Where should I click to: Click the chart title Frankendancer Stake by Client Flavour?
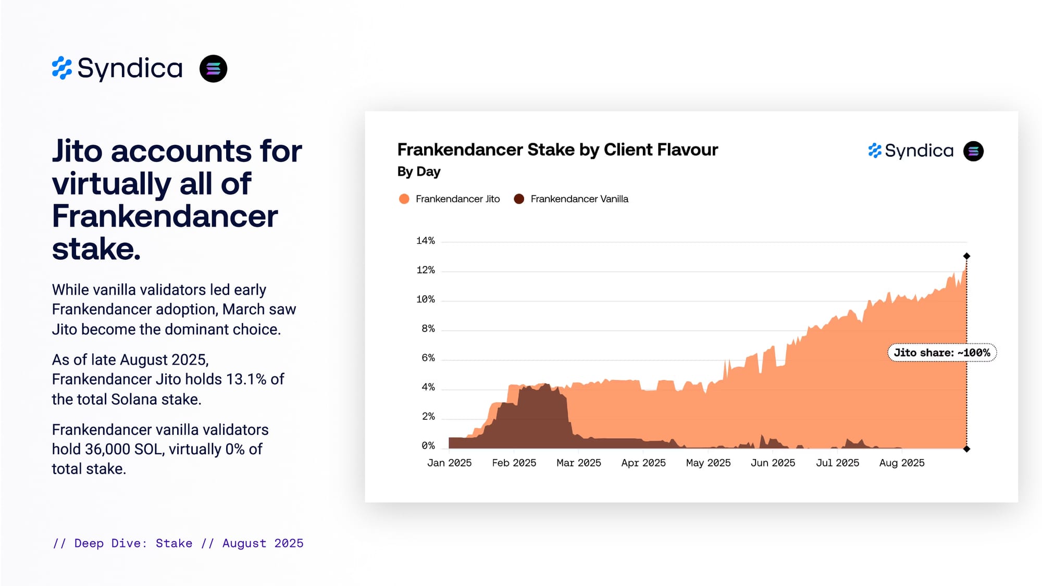point(557,149)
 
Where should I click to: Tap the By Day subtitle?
point(418,171)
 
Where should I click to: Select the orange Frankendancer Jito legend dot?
point(404,199)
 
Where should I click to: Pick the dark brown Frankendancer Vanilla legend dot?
point(519,199)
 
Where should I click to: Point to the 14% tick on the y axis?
point(425,241)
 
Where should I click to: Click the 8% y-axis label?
point(428,329)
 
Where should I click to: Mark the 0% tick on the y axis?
point(428,445)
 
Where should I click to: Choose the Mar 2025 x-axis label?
point(578,463)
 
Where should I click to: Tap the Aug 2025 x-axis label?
point(901,463)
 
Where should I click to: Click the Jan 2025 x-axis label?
point(449,463)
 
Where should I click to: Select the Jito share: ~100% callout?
point(941,353)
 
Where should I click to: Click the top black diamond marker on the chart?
point(966,256)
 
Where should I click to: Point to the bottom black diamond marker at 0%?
point(966,449)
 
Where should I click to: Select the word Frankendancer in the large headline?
point(165,216)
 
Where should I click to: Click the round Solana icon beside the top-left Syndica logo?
point(213,69)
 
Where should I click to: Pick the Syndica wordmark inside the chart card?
point(919,151)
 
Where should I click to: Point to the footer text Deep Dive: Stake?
point(133,543)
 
